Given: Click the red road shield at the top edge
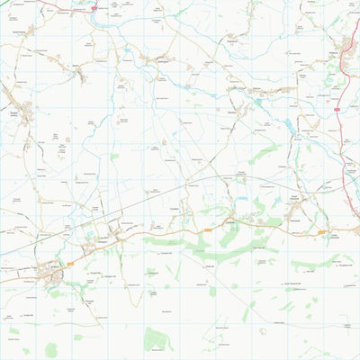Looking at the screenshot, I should pyautogui.click(x=94, y=7).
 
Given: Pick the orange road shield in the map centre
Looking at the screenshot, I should pyautogui.click(x=208, y=230).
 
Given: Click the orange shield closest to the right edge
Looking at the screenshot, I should pyautogui.click(x=321, y=233).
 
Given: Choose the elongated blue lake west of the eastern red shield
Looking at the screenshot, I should pyautogui.click(x=288, y=126).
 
